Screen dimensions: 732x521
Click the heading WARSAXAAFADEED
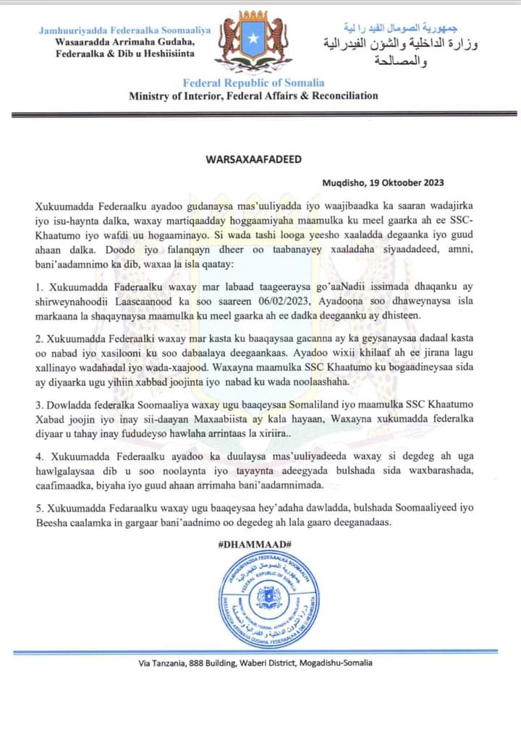pyautogui.click(x=261, y=158)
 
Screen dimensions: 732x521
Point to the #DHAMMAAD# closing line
pyautogui.click(x=261, y=543)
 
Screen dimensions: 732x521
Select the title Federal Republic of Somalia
pyautogui.click(x=253, y=82)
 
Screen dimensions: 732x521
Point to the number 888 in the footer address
pyautogui.click(x=205, y=663)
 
